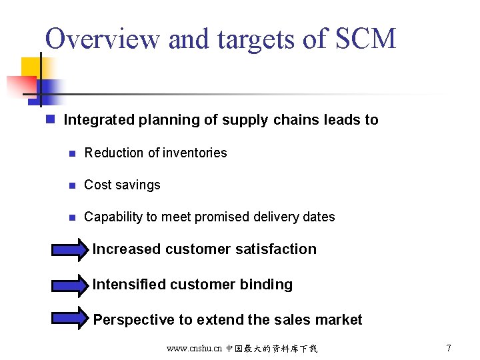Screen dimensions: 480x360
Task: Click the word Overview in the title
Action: (103, 39)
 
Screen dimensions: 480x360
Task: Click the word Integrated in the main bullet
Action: (99, 120)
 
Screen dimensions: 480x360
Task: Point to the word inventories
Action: (195, 153)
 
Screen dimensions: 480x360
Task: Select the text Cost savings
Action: (122, 185)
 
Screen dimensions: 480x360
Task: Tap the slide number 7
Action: (449, 348)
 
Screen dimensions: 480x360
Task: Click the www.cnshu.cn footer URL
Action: (195, 349)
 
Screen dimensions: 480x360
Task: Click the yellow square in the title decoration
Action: (31, 67)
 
